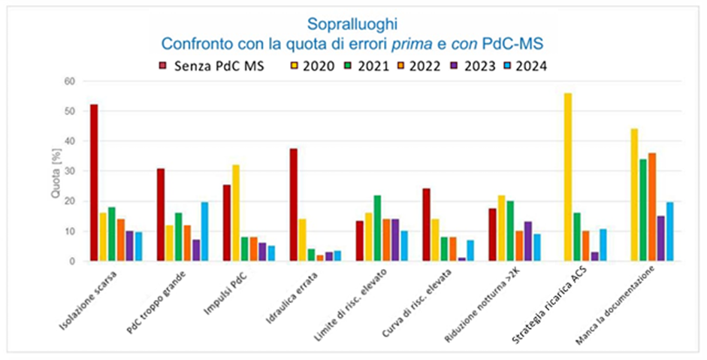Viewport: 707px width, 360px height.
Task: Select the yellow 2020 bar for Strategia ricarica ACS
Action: pos(567,177)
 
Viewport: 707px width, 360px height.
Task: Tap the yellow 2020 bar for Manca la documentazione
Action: pos(634,195)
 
